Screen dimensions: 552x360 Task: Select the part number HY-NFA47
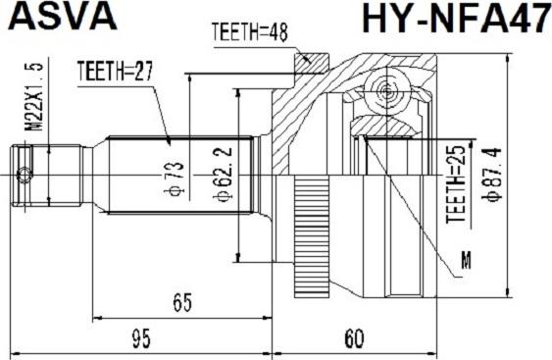coord(456,17)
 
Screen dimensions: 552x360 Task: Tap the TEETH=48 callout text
coord(250,32)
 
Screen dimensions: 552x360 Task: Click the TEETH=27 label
coord(115,71)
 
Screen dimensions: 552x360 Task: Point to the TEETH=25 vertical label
coord(456,183)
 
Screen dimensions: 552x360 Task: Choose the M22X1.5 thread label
coord(35,96)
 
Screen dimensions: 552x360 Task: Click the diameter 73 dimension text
coord(175,179)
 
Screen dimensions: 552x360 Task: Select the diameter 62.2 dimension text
coord(223,175)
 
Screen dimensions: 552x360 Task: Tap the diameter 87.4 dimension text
coord(491,175)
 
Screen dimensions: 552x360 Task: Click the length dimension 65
coord(182,302)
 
